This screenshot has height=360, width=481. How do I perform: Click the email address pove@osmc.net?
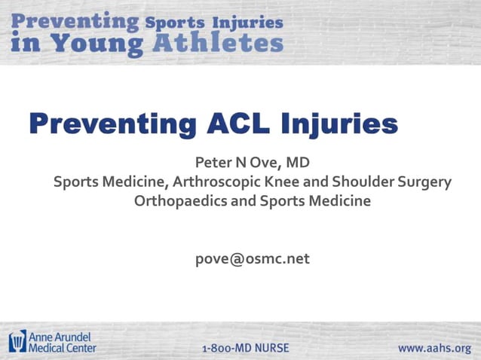[x=252, y=258]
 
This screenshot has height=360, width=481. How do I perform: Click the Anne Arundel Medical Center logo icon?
[x=17, y=341]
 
